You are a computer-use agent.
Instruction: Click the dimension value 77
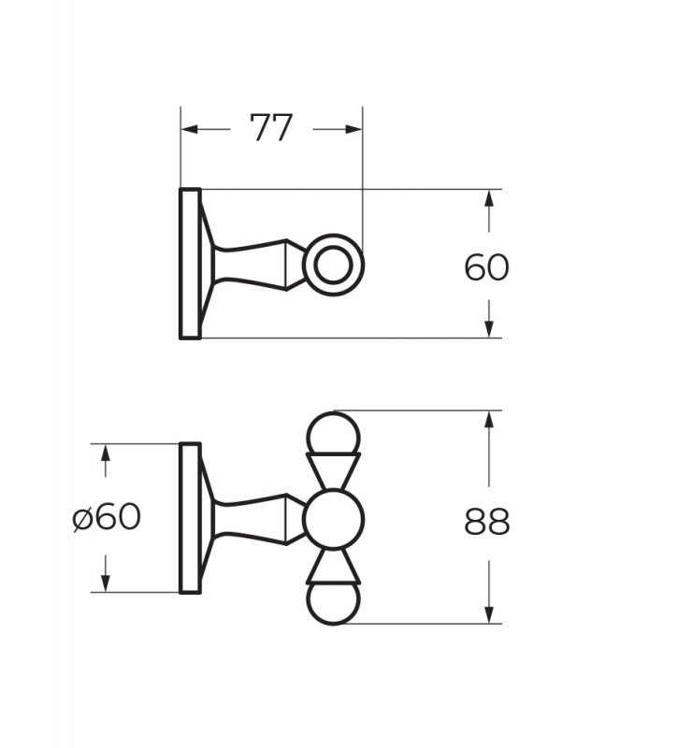coord(271,128)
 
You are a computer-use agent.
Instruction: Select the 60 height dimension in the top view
coord(486,267)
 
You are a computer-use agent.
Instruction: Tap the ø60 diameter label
coord(107,516)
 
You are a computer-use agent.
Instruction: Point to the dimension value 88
coord(486,522)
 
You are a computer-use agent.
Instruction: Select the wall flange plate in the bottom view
coord(190,517)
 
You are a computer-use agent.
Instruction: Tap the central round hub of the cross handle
coord(333,518)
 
